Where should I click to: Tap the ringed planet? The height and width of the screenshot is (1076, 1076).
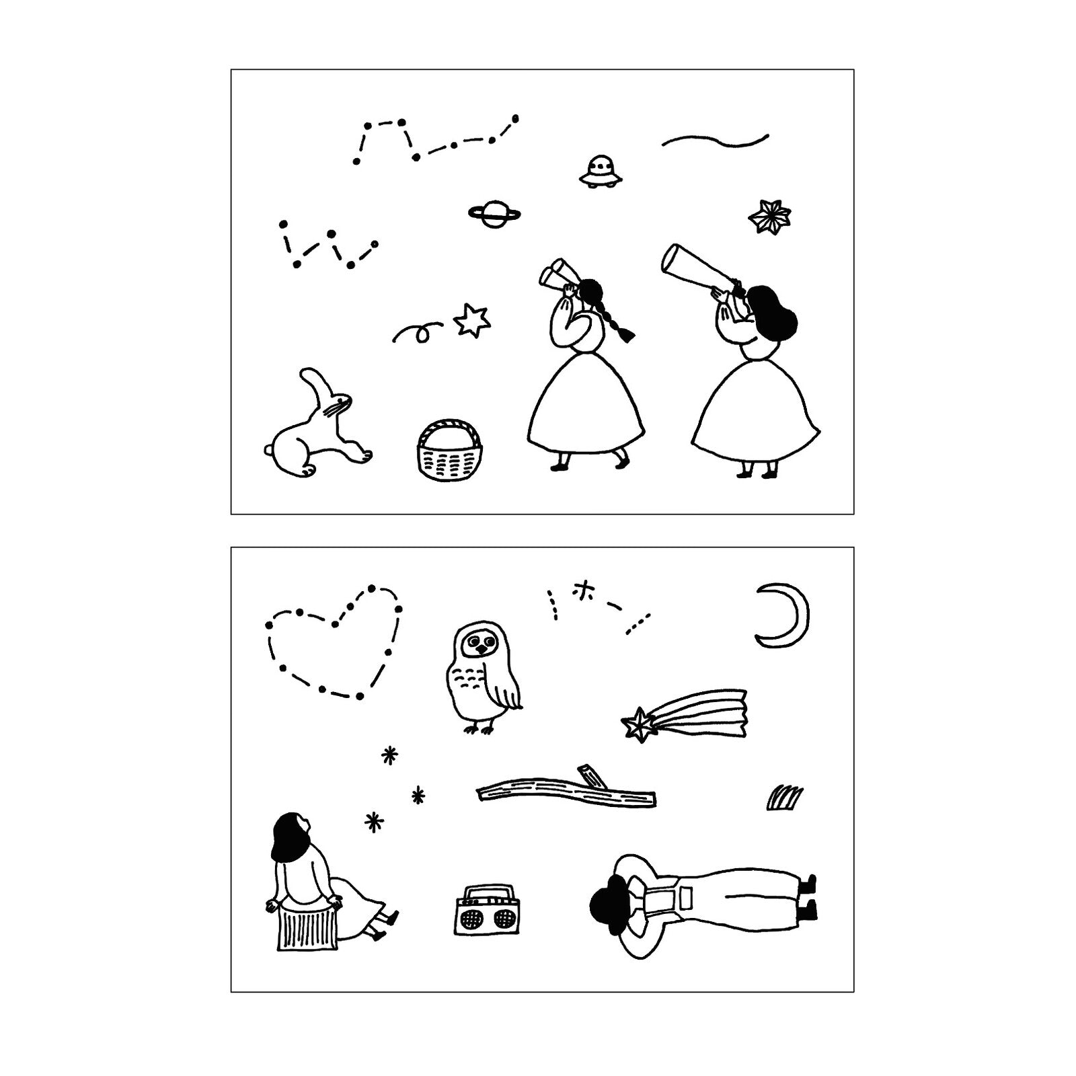tap(495, 213)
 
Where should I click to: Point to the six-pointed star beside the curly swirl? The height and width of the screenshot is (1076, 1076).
tap(471, 320)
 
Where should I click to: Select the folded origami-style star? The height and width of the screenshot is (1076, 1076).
tap(769, 216)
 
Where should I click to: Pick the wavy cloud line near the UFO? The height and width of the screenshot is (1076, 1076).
tap(716, 141)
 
